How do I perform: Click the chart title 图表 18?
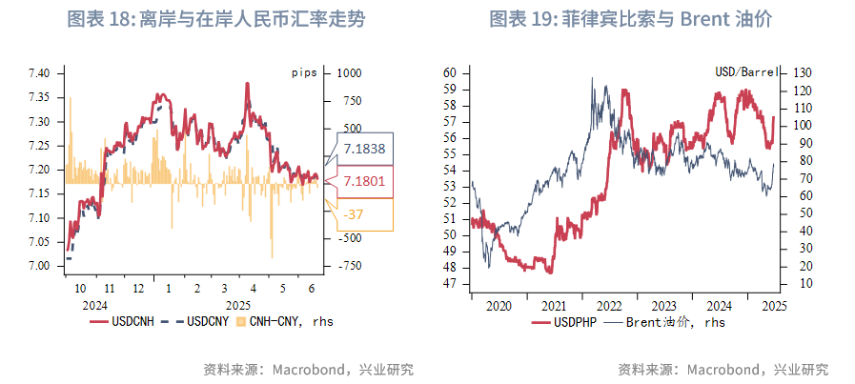pyautogui.click(x=215, y=19)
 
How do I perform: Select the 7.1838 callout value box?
pyautogui.click(x=365, y=148)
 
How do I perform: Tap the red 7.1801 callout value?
pyautogui.click(x=365, y=180)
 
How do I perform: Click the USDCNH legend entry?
pyautogui.click(x=123, y=322)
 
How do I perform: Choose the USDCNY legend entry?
pyautogui.click(x=194, y=322)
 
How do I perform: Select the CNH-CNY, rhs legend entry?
pyautogui.click(x=283, y=322)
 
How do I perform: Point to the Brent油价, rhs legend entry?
pyautogui.click(x=667, y=322)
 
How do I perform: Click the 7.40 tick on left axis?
pyautogui.click(x=40, y=73)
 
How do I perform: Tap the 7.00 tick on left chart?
pyautogui.click(x=40, y=266)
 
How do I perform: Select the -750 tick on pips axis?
pyautogui.click(x=350, y=266)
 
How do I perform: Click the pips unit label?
pyautogui.click(x=305, y=72)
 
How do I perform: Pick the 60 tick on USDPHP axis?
pyautogui.click(x=452, y=72)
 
